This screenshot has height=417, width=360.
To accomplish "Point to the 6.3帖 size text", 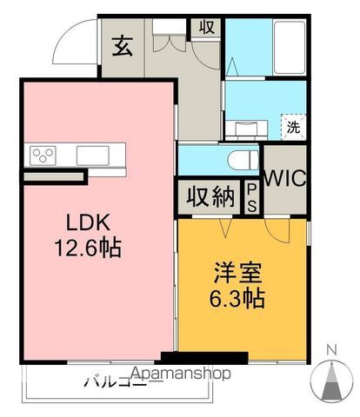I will click(236, 299).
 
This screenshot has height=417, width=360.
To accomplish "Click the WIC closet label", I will click(284, 179).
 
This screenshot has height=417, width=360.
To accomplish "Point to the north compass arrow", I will click(330, 380).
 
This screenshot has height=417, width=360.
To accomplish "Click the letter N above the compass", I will click(330, 350).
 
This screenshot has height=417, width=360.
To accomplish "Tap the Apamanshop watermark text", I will click(180, 375).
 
